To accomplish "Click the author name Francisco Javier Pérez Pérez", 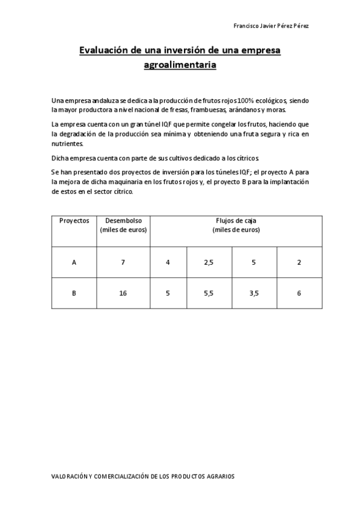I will [x=270, y=26].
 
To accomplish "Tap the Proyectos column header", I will [x=74, y=221].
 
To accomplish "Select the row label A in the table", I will [x=74, y=262].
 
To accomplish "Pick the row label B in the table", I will [x=74, y=293].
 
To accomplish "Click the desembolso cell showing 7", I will [x=123, y=262].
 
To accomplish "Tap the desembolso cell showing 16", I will [x=123, y=293].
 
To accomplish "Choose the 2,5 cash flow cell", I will [x=209, y=262].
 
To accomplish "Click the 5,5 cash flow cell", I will [x=209, y=293].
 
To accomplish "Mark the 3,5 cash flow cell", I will [x=254, y=293].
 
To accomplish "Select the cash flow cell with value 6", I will [x=299, y=293].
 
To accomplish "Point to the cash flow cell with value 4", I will [x=168, y=262].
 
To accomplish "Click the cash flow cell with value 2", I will [x=299, y=262].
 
